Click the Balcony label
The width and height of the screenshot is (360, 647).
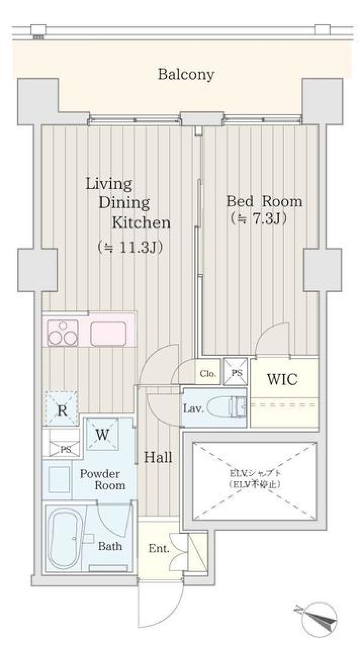(186, 74)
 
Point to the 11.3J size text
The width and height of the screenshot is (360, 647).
(130, 247)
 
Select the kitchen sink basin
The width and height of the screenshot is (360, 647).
(108, 333)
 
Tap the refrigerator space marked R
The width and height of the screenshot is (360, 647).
(62, 410)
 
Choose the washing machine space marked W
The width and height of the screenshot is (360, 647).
(102, 435)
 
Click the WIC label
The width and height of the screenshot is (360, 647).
(282, 379)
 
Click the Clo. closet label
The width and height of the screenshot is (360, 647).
(207, 374)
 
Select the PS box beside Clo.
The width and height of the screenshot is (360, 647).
(236, 373)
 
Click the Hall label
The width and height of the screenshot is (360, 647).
(158, 457)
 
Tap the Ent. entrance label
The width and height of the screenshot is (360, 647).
(158, 548)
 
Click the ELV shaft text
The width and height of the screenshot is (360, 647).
(255, 478)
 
